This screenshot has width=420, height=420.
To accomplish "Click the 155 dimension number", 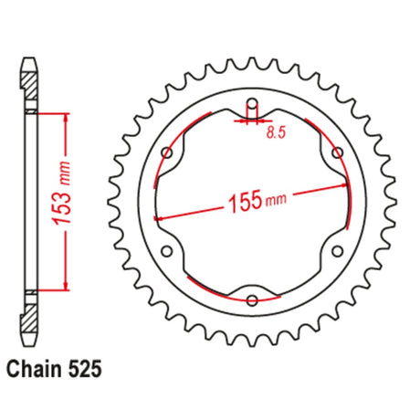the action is pos(246,201).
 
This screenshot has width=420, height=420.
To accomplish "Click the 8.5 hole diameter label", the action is pos(276,132).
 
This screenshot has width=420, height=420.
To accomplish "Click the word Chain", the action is pos(34,370).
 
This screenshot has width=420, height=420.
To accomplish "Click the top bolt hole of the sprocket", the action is pos(252,104).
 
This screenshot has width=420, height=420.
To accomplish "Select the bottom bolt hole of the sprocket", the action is pos(252,300).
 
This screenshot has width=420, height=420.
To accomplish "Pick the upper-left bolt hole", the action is pos(167,152).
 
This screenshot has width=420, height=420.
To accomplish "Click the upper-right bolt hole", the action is pos(337,152).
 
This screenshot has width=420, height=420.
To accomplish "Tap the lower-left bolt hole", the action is pos(167,251).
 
